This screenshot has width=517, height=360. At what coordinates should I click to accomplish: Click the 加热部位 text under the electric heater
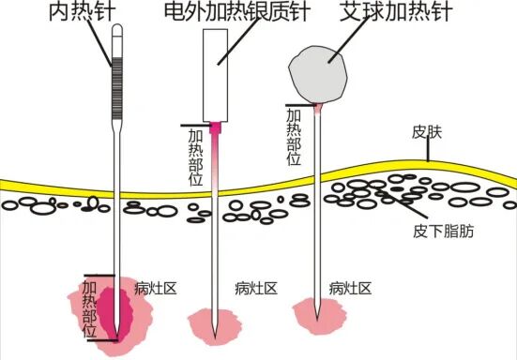[x=195, y=157]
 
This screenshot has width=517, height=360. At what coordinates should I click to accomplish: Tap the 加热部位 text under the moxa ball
[x=293, y=136]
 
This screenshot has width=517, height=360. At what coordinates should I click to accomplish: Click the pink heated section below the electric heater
[x=217, y=150]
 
